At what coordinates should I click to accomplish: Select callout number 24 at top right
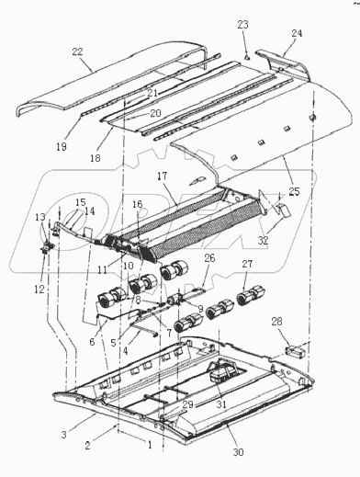[x=296, y=33]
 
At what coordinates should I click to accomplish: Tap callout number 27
[x=246, y=265]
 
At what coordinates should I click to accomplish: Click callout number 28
[x=278, y=323]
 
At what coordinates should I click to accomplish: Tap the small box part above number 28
[x=272, y=349]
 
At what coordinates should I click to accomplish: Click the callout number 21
[x=152, y=93]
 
